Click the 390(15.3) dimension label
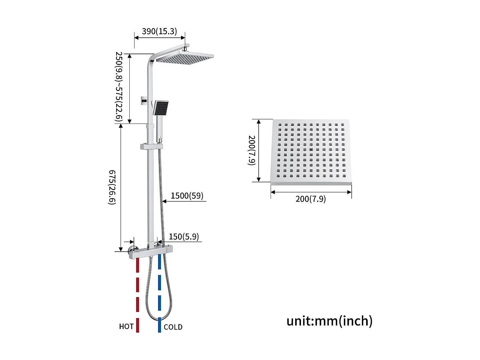coord(159,31)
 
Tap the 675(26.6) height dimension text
coord(112,187)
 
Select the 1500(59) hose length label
coord(187,196)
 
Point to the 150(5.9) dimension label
coord(184,237)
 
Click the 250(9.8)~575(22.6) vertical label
coord(119,87)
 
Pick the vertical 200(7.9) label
coord(252,150)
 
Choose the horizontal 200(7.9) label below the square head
coord(311,199)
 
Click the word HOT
coord(126,326)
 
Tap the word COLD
coord(173,327)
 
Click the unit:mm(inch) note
coord(329,321)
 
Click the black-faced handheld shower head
coord(161,108)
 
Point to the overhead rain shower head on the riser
coord(185,58)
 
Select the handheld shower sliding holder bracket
coord(151,146)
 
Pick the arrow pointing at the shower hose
coord(165,201)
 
